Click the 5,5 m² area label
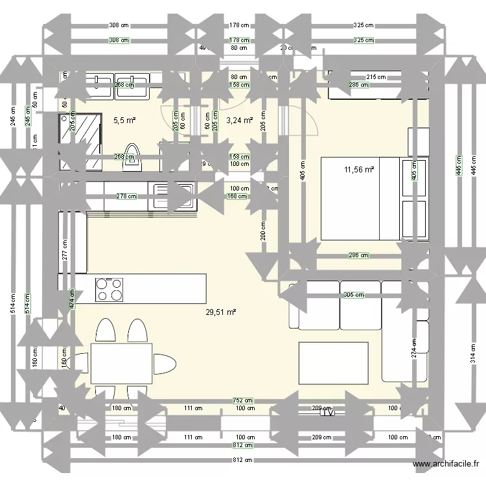click(x=124, y=120)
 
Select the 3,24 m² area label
click(x=239, y=120)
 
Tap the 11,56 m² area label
click(x=359, y=170)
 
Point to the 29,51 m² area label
click(x=220, y=312)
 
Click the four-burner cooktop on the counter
click(x=110, y=289)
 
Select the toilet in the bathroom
click(x=132, y=156)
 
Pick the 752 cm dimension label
click(x=244, y=400)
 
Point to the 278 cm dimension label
click(x=126, y=196)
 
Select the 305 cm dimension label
click(x=353, y=295)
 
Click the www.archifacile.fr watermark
click(x=446, y=464)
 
